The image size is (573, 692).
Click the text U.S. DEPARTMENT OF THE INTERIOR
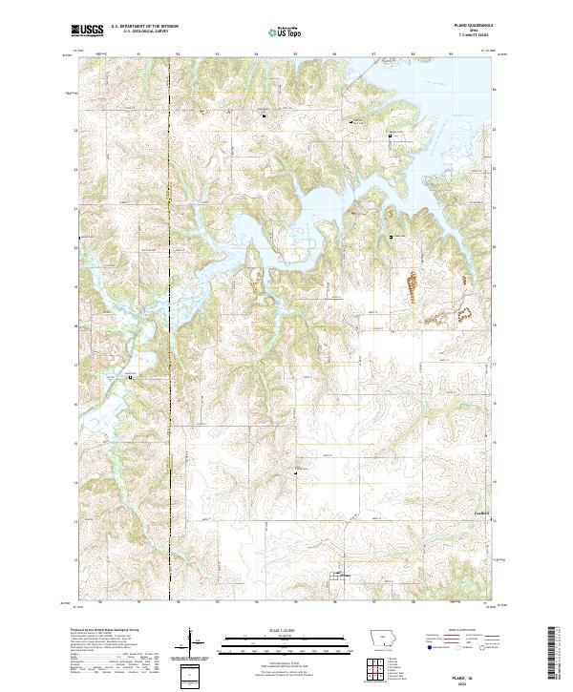pyautogui.click(x=144, y=26)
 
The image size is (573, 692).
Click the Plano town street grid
pyautogui.click(x=338, y=576)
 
